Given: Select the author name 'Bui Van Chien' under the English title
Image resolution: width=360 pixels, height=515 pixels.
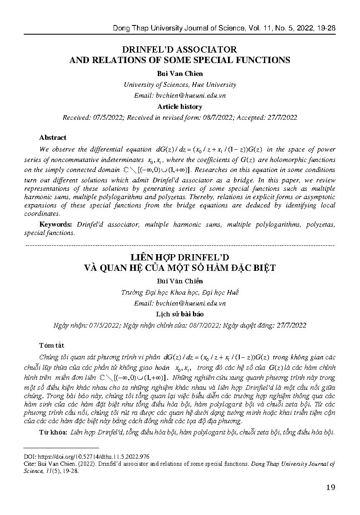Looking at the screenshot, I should click(x=180, y=73).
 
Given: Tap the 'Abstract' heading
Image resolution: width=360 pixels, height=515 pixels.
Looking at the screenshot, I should click(x=53, y=137).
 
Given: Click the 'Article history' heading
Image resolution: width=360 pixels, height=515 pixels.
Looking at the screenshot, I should click(x=180, y=106).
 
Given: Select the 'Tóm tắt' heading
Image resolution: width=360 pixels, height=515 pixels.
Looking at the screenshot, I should click(x=52, y=346).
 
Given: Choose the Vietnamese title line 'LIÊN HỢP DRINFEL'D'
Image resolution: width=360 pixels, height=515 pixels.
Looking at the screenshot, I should click(x=180, y=257).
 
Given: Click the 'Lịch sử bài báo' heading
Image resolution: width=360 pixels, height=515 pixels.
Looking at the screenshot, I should click(x=180, y=314).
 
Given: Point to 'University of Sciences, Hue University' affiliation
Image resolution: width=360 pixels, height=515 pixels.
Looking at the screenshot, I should click(x=180, y=84).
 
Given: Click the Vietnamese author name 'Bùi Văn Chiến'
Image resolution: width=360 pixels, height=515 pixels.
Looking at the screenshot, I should click(x=180, y=281).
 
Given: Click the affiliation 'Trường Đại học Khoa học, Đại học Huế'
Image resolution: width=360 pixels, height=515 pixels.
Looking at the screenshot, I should click(x=180, y=292).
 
